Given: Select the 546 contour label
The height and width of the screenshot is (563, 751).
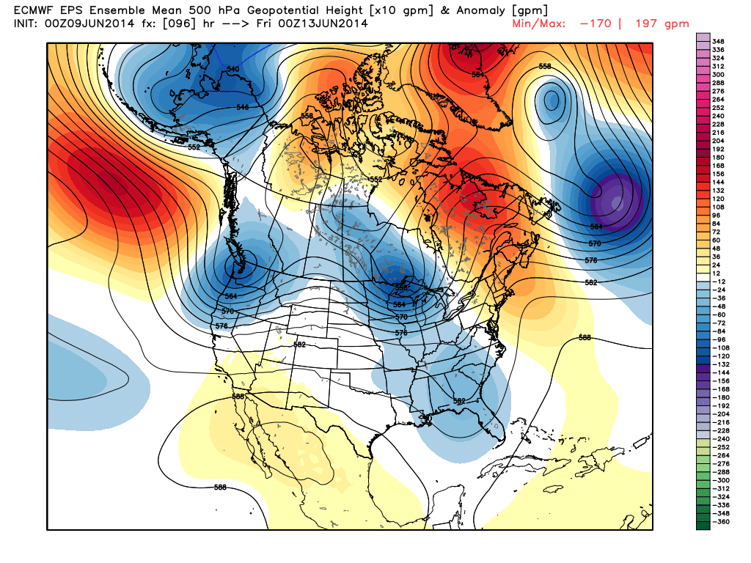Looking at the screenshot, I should (243, 108).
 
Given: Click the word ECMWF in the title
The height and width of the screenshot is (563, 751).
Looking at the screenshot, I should (33, 10).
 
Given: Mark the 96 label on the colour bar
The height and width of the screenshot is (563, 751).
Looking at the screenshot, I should (719, 216).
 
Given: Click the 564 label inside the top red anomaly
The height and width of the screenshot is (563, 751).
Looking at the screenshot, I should (478, 74).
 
